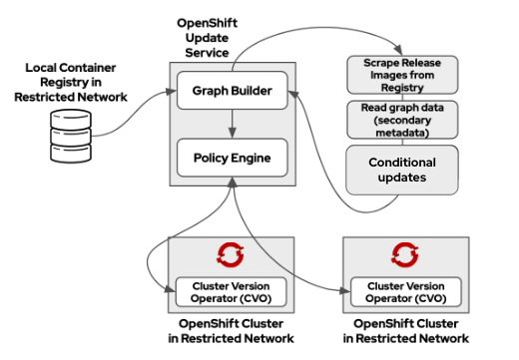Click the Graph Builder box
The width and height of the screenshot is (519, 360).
pos(232,92)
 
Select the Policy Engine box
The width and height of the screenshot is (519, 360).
pos(232,157)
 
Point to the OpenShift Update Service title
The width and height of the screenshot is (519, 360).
pos(217,36)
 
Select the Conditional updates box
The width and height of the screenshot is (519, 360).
pos(402,170)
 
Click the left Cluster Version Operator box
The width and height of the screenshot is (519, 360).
pos(232,292)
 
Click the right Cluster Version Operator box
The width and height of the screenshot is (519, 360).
pos(405,292)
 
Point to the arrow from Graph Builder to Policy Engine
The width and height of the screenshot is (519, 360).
pos(232,124)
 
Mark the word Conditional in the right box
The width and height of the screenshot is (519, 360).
pos(402,163)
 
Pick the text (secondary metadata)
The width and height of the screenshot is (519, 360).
pos(402,128)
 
